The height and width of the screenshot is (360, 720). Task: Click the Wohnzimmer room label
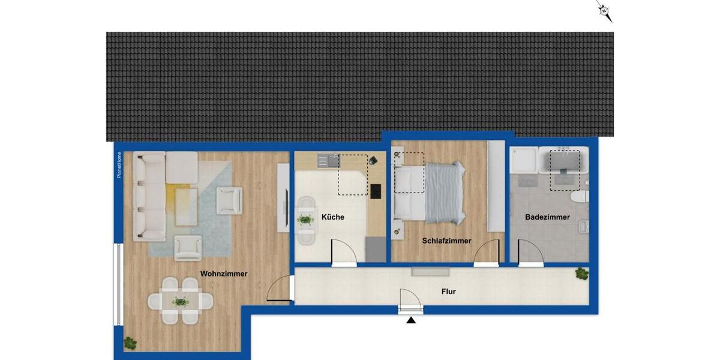224,274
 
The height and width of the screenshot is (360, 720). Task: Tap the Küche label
333,217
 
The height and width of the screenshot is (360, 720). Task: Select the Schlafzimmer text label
446,241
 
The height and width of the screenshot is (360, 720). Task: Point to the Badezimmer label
547,217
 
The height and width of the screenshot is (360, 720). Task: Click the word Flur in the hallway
448,292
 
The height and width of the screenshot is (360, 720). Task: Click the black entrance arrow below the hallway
411,320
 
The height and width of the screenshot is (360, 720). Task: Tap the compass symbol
605,11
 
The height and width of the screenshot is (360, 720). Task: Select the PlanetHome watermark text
119,165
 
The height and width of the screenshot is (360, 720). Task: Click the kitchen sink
328,160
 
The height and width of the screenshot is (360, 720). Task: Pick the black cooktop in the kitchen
376,191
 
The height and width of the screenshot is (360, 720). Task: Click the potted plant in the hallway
581,274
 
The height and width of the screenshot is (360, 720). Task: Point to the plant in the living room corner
130,343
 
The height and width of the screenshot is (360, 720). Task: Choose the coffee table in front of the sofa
186,206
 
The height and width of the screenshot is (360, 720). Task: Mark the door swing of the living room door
278,289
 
